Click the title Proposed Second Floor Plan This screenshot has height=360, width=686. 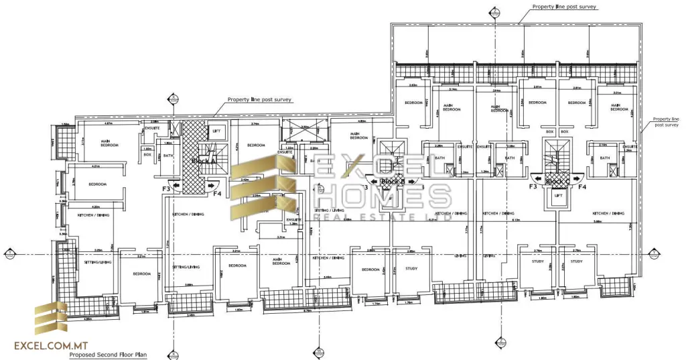tap(109, 355)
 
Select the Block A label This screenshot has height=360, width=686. tap(203, 162)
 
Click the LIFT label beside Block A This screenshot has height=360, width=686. tap(216, 131)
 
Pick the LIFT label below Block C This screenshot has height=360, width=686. tap(557, 196)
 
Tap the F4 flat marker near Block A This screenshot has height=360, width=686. tap(217, 194)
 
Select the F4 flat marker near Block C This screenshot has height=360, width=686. tap(582, 187)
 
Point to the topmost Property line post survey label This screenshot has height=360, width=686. tap(564, 7)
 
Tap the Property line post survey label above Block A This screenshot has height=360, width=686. tap(259, 99)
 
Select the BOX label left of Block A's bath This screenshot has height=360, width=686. tap(147, 155)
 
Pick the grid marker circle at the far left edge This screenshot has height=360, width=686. tap(9, 253)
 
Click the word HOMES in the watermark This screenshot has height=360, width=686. tap(383, 196)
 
